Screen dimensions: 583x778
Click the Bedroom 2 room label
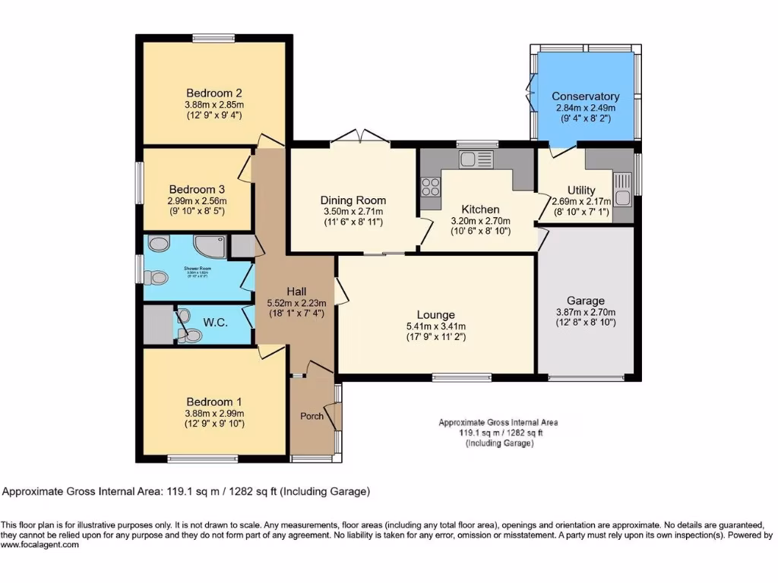[213, 94]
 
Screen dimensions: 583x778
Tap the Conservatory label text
[585, 96]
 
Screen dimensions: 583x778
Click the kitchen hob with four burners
[431, 187]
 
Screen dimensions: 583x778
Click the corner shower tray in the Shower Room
[207, 245]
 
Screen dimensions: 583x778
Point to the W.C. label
[216, 323]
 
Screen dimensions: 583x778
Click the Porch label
[312, 416]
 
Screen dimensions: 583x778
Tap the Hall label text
[296, 291]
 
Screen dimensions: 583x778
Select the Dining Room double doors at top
[359, 137]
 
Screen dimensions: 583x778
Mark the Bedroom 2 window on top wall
[213, 39]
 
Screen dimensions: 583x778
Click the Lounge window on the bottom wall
[462, 377]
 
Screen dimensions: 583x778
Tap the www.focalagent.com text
[40, 544]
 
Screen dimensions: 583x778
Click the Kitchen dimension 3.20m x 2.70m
[481, 221]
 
